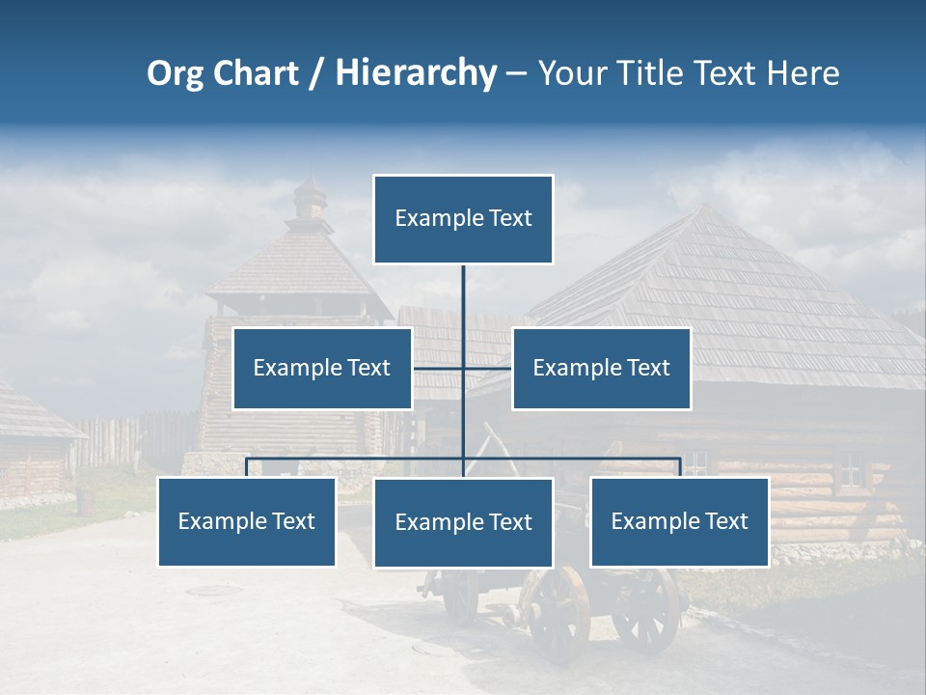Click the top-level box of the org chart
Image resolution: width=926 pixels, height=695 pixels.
click(463, 219)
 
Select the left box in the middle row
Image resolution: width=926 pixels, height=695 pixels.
click(322, 368)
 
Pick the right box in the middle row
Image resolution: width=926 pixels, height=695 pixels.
click(601, 368)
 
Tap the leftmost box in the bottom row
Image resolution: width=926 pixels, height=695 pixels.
click(247, 521)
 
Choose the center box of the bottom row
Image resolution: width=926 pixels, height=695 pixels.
click(463, 522)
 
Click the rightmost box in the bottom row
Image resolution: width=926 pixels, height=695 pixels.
click(679, 521)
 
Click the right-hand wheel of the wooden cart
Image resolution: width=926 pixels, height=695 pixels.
click(644, 608)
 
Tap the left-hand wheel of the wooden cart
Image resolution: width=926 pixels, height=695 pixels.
click(558, 613)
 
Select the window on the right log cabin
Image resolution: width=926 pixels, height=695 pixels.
click(850, 468)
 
